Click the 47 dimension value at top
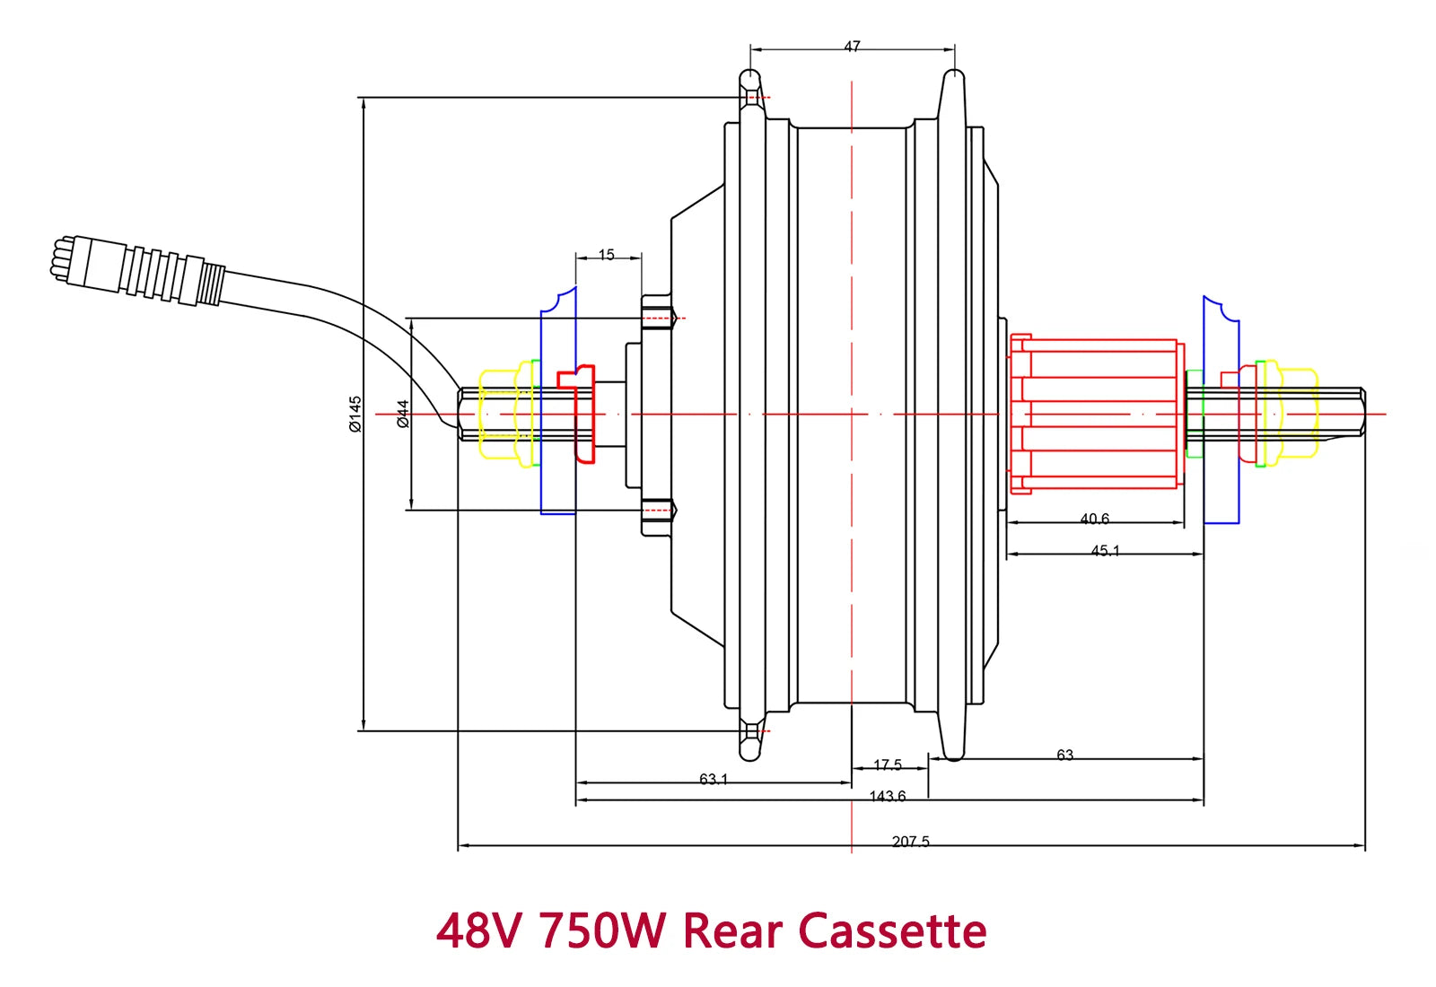[852, 47]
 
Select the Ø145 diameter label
[355, 414]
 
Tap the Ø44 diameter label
[403, 414]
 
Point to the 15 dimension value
[607, 255]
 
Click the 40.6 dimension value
[1094, 519]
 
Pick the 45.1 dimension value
[1105, 551]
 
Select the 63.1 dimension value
[714, 779]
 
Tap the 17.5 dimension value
[888, 764]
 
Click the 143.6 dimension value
[888, 796]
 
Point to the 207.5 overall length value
[910, 842]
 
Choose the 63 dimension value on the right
[1064, 756]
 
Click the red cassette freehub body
[1095, 414]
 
